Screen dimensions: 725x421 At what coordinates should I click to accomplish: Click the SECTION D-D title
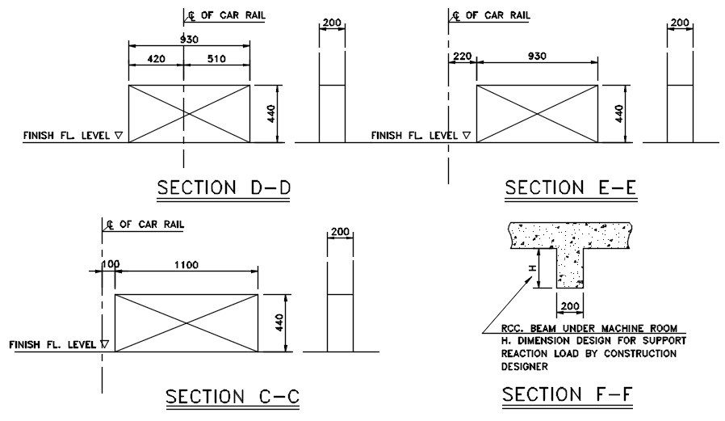point(224,187)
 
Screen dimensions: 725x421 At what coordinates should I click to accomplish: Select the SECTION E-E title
point(571,187)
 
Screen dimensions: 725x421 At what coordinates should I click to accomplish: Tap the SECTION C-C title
point(233,397)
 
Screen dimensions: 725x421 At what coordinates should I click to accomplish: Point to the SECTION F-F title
point(568,394)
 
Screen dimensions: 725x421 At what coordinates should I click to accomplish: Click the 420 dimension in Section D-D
point(156,59)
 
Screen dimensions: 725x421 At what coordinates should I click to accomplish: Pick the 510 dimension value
point(216,59)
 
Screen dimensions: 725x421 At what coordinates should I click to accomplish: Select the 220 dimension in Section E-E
point(462,57)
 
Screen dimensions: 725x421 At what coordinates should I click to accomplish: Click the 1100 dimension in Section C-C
point(186,265)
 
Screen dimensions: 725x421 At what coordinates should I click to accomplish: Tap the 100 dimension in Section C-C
point(111,264)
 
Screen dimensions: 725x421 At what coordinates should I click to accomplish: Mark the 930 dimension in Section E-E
point(537,57)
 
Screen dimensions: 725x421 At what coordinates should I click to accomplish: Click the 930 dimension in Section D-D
point(189,40)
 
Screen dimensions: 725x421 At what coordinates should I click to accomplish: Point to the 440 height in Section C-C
point(279,322)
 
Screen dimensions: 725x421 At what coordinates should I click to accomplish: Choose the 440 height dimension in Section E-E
point(619,114)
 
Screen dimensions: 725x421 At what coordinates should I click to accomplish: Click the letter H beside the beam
point(532,268)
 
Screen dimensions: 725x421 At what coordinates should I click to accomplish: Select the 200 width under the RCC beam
point(570,306)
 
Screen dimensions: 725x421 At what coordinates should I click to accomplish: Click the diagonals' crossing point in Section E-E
point(537,114)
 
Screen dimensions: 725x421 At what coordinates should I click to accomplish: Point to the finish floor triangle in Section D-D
point(119,136)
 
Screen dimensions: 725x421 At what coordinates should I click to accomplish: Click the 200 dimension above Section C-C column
point(341,232)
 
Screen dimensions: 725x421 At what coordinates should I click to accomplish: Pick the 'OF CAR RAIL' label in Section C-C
point(152,225)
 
